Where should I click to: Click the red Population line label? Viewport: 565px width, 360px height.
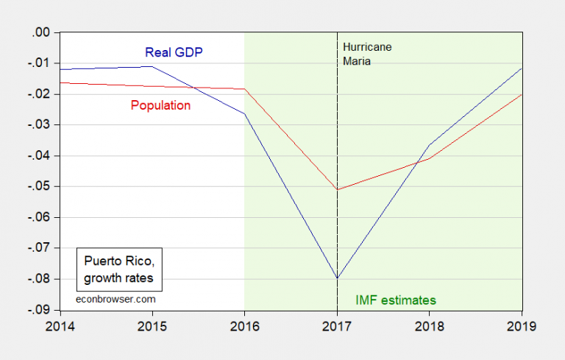click(160, 106)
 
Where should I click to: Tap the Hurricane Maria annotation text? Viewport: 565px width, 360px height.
click(367, 54)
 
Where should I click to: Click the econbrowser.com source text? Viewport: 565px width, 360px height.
click(116, 300)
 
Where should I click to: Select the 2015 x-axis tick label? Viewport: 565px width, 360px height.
click(152, 325)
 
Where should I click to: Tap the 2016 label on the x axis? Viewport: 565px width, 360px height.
click(244, 325)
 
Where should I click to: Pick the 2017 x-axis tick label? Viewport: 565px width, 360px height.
click(337, 325)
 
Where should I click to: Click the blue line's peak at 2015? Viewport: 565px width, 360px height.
click(152, 66)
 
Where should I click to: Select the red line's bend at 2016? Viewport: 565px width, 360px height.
click(244, 89)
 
